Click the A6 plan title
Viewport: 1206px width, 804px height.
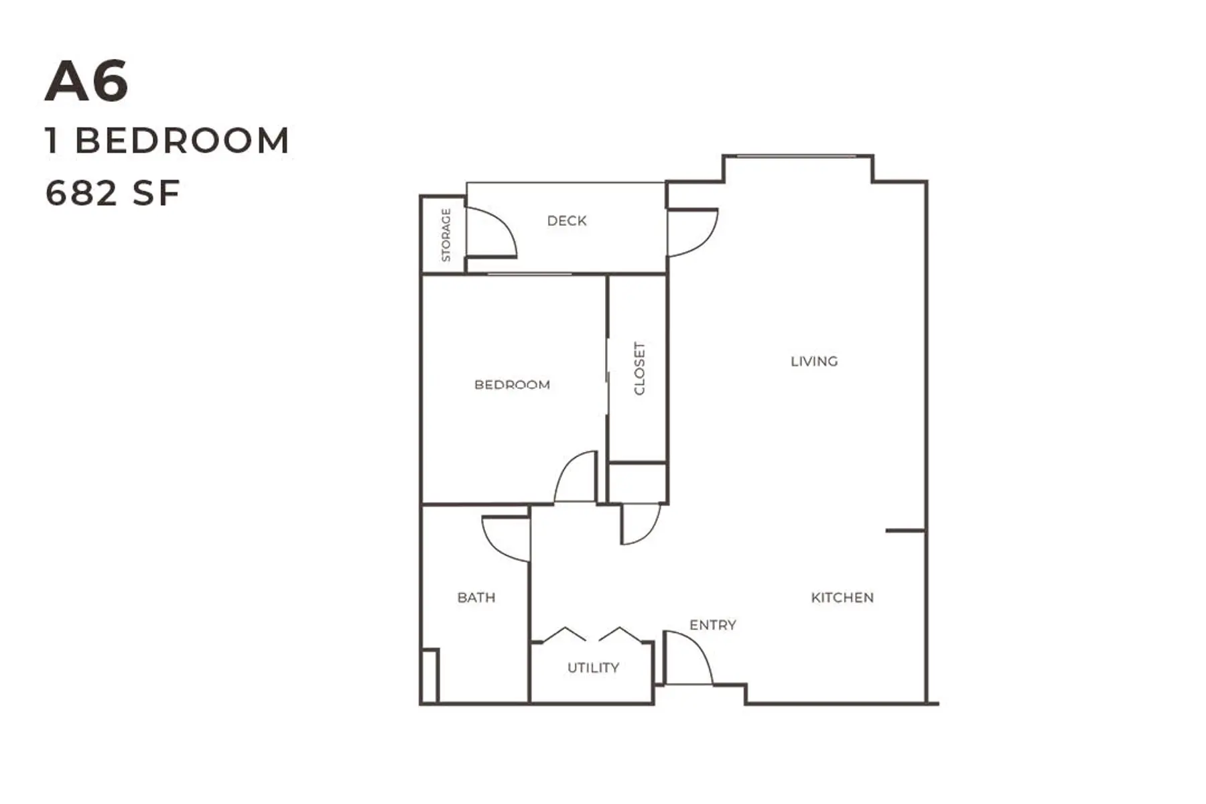86,82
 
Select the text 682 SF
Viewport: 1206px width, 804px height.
113,193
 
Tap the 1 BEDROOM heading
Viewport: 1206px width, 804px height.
167,141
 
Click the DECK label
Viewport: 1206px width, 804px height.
567,220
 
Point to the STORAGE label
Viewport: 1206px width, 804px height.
446,234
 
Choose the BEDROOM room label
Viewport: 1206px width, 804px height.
512,385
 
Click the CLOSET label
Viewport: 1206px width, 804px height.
639,368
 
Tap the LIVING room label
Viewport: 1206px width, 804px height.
814,361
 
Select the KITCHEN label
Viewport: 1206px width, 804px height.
842,598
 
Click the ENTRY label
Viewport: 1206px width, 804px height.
713,625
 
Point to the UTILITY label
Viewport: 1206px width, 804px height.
593,667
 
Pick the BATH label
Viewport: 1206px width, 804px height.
476,598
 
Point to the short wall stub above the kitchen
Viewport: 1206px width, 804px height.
906,531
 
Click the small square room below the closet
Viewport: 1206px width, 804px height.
637,482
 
